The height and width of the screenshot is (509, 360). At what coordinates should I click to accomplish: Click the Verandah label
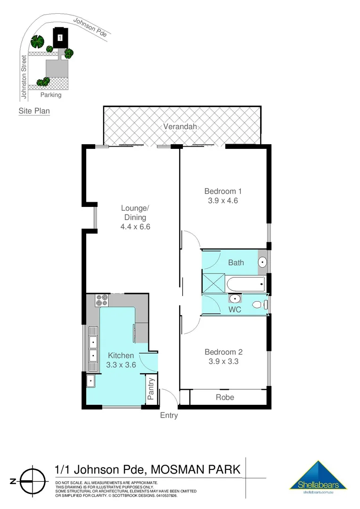180,126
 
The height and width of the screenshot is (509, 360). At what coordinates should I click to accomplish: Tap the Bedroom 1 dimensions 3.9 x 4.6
222,200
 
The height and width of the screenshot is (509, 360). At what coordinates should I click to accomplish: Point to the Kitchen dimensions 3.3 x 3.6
121,365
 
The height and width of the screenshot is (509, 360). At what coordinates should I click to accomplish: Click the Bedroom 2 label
223,352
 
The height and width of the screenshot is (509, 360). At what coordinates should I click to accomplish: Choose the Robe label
225,397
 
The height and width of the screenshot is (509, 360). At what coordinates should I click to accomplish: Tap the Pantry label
151,389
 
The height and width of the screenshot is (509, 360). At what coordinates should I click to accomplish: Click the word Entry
169,415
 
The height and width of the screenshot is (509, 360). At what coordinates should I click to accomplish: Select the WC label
235,310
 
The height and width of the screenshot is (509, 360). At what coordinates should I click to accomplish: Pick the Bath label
236,263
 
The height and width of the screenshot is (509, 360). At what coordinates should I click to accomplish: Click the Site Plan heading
34,111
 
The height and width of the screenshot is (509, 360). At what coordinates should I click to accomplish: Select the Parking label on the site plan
50,95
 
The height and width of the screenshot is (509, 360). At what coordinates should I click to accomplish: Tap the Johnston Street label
23,78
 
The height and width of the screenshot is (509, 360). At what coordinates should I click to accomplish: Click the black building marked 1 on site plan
60,38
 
